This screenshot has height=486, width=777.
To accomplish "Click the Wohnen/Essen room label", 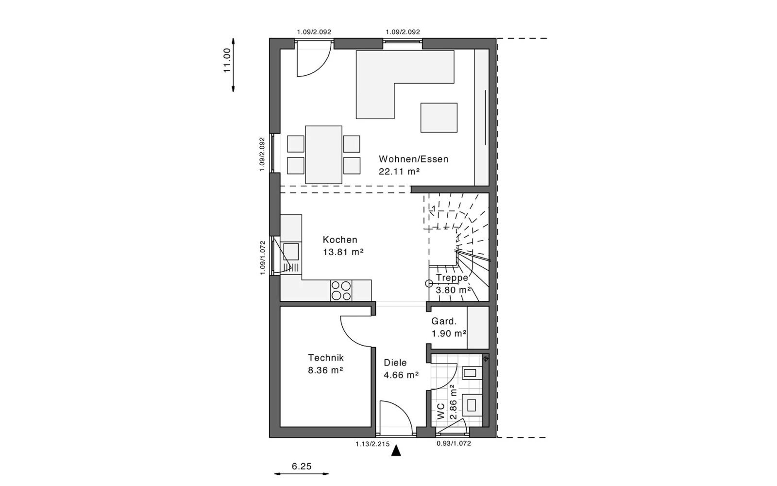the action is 413,159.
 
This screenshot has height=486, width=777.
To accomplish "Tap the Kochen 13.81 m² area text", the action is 343,252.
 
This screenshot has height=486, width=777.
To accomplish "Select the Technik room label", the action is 326,358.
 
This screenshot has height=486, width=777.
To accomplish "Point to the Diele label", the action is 395,363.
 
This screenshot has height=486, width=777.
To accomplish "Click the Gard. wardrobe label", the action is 444,321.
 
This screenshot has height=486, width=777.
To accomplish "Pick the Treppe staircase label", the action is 452,278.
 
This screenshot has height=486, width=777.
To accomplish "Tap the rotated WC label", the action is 441,411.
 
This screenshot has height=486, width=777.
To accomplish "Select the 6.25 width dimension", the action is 302,466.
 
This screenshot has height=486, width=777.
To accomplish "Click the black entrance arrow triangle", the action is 396,451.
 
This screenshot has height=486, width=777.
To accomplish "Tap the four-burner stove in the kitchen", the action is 341,291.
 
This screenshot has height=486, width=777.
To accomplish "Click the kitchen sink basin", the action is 291,251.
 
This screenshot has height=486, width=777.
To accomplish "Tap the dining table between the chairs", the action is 323,155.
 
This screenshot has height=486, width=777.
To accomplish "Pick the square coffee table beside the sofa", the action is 439,118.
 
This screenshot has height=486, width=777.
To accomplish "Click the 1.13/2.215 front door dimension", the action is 372,444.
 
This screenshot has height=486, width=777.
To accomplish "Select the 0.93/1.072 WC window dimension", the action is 454,443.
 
